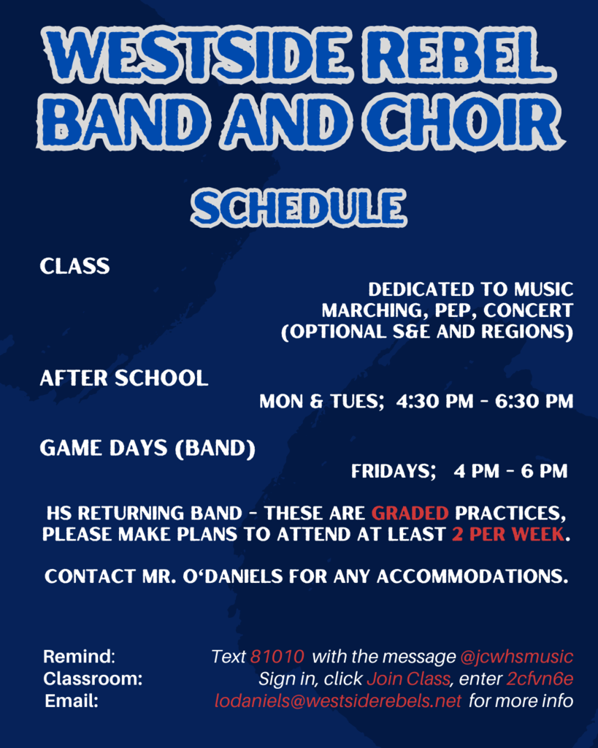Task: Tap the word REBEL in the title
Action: tap(461, 55)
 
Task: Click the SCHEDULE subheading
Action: tap(299, 207)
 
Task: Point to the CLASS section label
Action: tap(75, 266)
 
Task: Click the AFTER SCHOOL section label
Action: tap(124, 378)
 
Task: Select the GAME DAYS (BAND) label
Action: tap(147, 449)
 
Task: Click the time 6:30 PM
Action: tap(534, 402)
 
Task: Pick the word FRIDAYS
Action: tap(394, 471)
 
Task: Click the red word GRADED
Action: tap(410, 514)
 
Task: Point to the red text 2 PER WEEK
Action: tap(508, 534)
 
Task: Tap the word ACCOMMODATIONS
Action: tap(472, 576)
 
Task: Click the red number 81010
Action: tap(277, 657)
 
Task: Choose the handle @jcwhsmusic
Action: tap(517, 657)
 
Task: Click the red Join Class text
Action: tap(408, 679)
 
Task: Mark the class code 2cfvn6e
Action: tap(540, 679)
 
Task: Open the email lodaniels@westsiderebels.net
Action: tap(337, 701)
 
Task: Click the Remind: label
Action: tap(79, 657)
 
